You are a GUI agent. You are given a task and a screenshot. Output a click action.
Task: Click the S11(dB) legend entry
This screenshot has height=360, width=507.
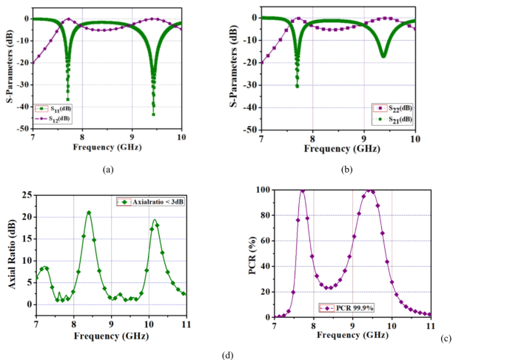pos(54,110)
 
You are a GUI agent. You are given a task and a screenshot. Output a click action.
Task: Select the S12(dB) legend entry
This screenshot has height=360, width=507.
pos(54,119)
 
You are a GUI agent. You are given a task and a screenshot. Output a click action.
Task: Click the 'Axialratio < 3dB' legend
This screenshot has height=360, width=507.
pos(148,201)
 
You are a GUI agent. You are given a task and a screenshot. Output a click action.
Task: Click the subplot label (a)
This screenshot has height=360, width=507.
pos(109,170)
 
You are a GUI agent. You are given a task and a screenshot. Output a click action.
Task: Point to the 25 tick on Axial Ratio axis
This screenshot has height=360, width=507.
pos(27,195)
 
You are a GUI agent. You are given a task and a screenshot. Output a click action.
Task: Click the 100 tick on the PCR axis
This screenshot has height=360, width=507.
pos(263,190)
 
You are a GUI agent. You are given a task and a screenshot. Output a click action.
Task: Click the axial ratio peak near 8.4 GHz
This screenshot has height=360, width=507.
pos(89,213)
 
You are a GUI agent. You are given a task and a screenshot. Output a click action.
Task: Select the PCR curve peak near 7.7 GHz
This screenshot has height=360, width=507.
pos(302,191)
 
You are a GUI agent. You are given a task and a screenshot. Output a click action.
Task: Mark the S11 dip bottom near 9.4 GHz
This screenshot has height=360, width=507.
pos(154,113)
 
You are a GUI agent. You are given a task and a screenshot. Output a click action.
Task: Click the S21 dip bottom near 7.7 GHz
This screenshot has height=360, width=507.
pos(298,86)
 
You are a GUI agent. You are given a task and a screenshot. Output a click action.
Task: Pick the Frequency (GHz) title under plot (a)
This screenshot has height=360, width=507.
pos(108,147)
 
